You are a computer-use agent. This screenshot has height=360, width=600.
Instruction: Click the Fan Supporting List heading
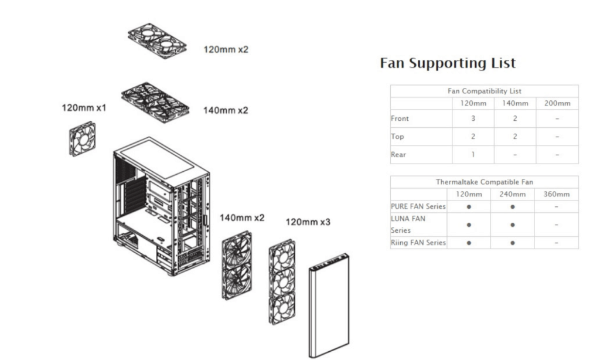(x=448, y=63)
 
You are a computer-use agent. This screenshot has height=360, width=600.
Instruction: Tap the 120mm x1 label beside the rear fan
(x=84, y=108)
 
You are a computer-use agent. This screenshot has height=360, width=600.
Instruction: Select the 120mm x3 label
(x=308, y=223)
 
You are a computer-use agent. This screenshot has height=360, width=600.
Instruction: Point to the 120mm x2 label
(x=226, y=49)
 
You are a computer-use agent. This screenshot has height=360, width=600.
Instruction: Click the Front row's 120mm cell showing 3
(x=472, y=118)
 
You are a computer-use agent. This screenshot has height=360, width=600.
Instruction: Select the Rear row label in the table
(x=398, y=155)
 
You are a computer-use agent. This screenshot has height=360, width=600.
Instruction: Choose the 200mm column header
(x=557, y=103)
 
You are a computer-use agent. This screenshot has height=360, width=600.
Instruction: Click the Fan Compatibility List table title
(x=484, y=91)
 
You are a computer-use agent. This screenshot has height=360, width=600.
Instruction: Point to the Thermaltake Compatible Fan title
(x=484, y=182)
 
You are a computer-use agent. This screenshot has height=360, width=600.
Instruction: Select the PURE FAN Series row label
(x=418, y=206)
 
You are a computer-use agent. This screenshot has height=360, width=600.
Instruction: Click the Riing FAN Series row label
(x=418, y=242)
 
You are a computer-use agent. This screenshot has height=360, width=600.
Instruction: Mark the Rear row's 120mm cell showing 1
(x=472, y=155)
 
